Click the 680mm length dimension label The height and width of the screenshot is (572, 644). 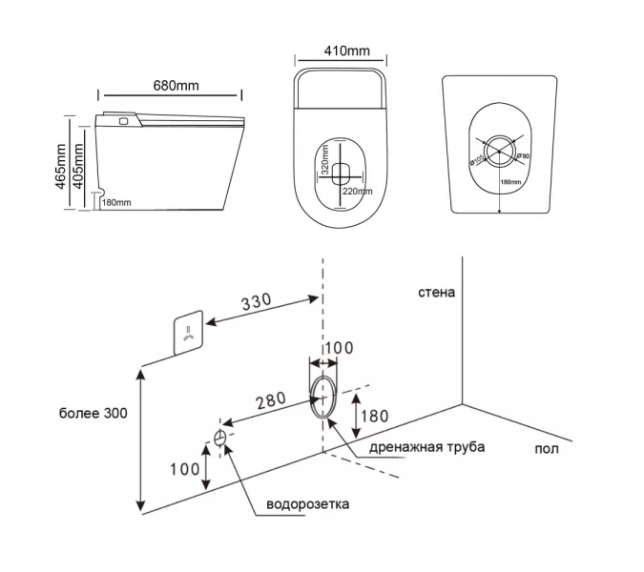(x=176, y=86)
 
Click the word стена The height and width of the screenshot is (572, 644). (x=436, y=292)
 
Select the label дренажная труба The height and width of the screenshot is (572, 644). (x=415, y=448)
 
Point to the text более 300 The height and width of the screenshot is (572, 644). (x=93, y=413)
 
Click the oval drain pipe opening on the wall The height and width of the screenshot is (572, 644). (x=323, y=396)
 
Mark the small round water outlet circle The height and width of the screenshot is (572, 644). (x=220, y=438)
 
